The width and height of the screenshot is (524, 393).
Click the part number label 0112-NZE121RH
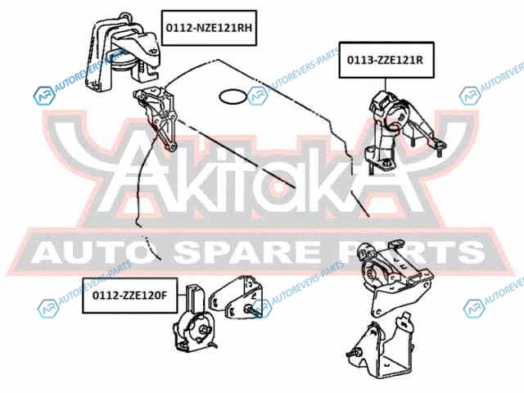209,28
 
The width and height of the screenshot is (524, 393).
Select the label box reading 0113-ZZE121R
386,60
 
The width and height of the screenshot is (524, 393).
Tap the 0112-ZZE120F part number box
129,296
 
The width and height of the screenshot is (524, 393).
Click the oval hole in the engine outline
233,97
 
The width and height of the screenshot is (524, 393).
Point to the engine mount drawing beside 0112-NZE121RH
124,53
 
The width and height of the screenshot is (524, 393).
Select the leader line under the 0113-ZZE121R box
386,85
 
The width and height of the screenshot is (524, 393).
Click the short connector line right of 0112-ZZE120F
181,296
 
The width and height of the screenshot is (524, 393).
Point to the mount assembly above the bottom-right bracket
395,278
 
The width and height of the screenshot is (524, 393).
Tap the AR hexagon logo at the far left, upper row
44,96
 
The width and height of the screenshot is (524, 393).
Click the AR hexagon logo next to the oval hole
258,96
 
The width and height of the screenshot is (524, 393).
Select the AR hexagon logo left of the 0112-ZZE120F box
48,309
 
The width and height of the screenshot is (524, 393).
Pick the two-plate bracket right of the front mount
236,297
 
